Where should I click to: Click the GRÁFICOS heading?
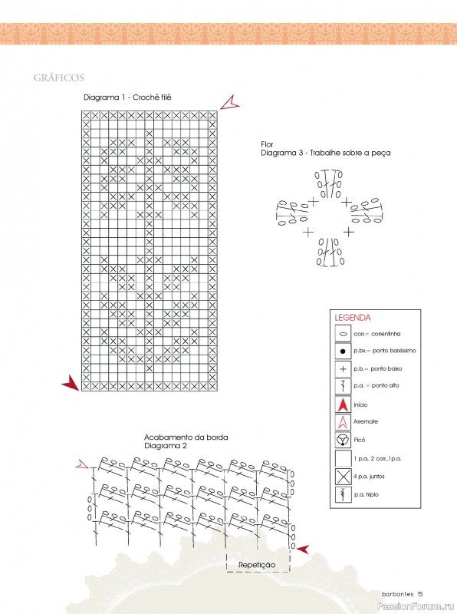(59, 78)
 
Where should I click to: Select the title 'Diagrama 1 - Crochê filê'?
(127, 97)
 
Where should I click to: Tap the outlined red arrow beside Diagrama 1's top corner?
(229, 103)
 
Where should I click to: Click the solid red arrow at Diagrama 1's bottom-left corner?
(71, 382)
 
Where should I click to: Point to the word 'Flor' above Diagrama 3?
(268, 144)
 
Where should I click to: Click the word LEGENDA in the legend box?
(353, 318)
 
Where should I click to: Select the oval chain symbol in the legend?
(344, 334)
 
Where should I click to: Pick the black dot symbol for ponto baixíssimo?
(344, 352)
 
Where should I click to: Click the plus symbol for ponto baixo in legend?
(344, 368)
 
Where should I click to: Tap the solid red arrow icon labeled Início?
(344, 404)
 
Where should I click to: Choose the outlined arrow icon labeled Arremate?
(344, 421)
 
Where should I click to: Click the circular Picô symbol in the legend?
(344, 440)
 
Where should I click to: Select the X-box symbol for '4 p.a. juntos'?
(344, 477)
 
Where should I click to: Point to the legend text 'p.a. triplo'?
(367, 494)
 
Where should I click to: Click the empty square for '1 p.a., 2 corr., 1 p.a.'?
(344, 458)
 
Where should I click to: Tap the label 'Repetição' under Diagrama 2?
(257, 565)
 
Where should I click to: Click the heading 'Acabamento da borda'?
(186, 437)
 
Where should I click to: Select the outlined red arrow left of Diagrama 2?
(82, 464)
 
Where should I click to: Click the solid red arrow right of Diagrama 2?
(302, 549)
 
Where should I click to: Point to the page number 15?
(420, 594)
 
